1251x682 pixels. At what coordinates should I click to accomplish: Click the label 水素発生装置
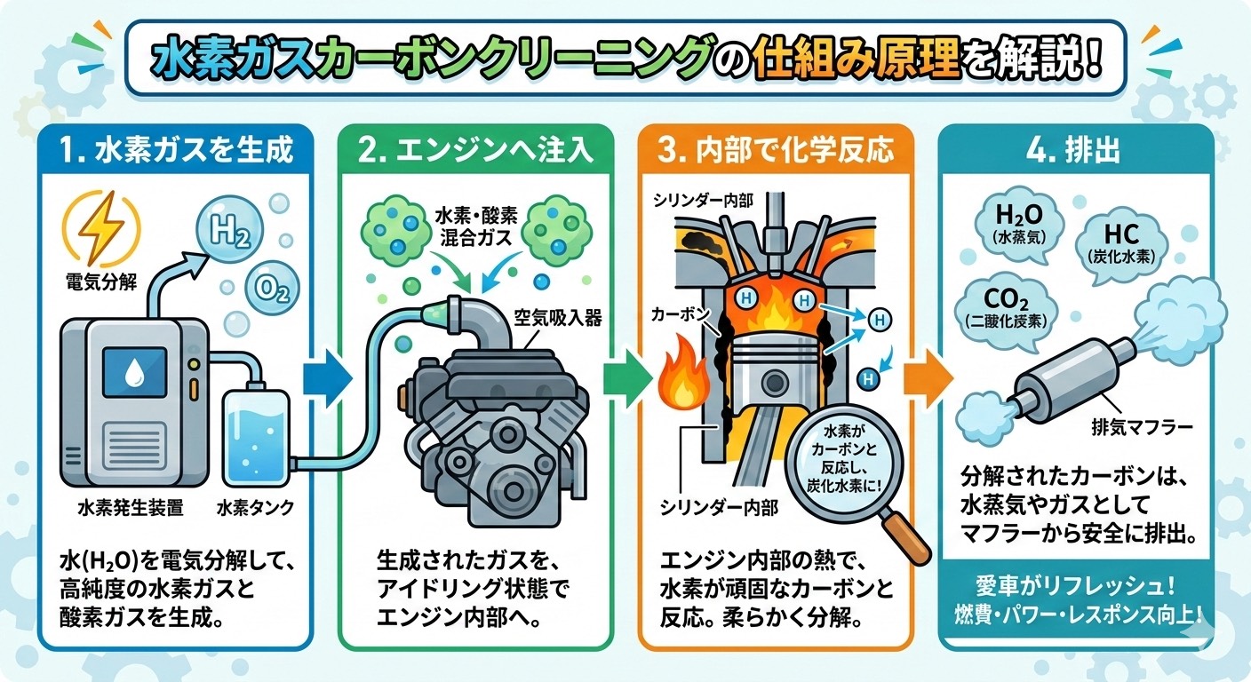[x=130, y=508]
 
